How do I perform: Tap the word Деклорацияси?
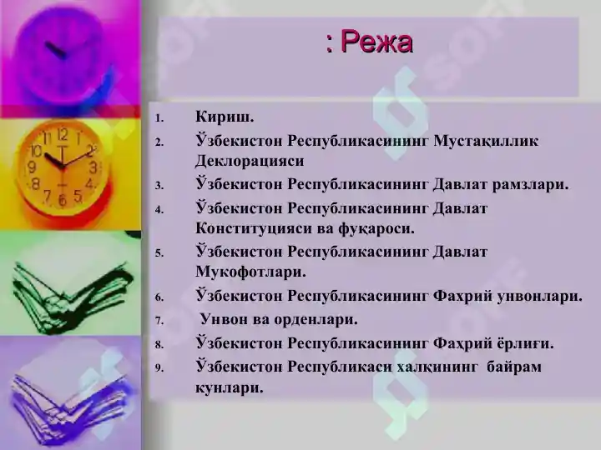250,160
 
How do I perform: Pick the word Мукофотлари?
250,272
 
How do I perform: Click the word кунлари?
229,387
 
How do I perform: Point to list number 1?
161,117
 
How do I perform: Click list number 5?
161,252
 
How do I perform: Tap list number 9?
161,367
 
